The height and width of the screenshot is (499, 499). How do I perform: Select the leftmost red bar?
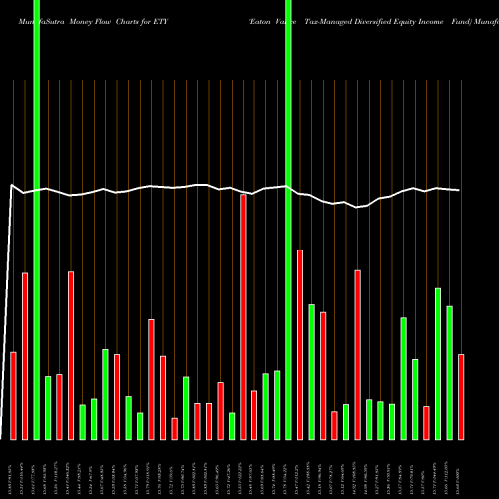click(14, 395)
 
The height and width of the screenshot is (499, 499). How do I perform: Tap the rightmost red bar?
click(461, 396)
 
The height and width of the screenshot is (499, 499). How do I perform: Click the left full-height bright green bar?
click(37, 220)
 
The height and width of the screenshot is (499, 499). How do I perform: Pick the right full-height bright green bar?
click(288, 220)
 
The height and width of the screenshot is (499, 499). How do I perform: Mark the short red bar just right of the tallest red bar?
click(254, 414)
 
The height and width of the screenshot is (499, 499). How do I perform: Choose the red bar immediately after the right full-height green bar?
click(300, 344)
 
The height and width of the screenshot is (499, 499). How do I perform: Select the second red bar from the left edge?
click(25, 355)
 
